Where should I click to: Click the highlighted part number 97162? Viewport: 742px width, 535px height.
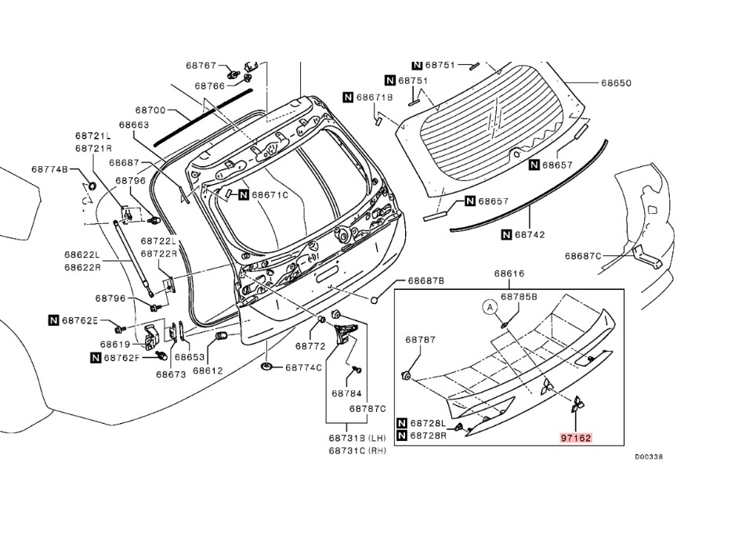tap(576, 440)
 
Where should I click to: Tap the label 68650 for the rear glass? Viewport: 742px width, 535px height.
tap(617, 83)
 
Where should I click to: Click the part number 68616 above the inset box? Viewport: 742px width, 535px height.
tap(509, 273)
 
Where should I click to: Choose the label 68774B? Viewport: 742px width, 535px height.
tap(50, 169)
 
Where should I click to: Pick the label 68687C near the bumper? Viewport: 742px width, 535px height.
tap(583, 255)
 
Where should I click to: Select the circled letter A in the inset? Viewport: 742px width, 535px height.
tap(490, 308)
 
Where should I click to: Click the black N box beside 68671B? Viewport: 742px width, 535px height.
tap(348, 97)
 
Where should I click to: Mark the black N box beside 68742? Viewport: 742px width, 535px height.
tap(506, 233)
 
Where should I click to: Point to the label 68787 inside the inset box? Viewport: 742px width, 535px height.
tap(420, 340)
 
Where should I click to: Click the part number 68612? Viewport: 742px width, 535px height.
tap(208, 371)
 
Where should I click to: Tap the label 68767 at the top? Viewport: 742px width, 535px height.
tap(201, 66)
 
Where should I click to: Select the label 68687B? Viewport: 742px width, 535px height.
tap(425, 280)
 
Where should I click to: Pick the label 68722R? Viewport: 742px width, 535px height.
tap(158, 254)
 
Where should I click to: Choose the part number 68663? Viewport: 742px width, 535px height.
tap(134, 125)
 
